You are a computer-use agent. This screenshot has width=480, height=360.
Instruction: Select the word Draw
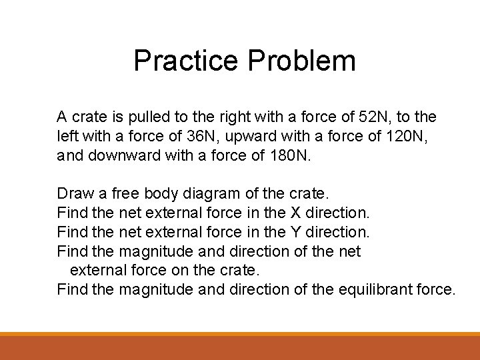tap(73, 194)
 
